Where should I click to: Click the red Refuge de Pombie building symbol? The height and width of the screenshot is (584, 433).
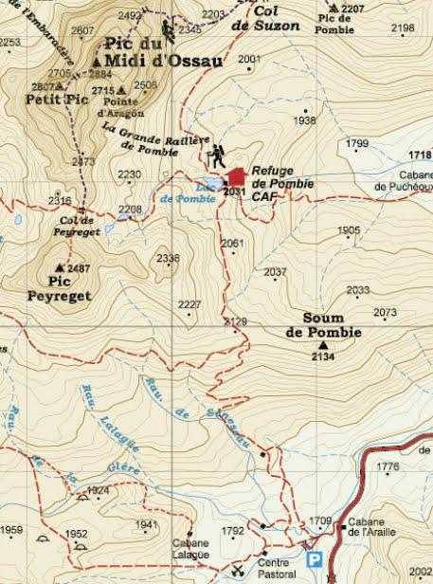(236, 175)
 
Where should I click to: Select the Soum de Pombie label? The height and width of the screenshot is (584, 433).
(323, 325)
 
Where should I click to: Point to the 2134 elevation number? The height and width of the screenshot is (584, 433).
(323, 357)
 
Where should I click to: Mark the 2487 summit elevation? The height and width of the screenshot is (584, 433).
(81, 268)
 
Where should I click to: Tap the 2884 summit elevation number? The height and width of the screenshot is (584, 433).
(99, 73)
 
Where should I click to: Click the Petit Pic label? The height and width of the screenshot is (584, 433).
(51, 97)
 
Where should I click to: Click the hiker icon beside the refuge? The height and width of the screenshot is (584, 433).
(218, 154)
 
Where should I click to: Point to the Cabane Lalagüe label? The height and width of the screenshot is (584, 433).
(189, 548)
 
